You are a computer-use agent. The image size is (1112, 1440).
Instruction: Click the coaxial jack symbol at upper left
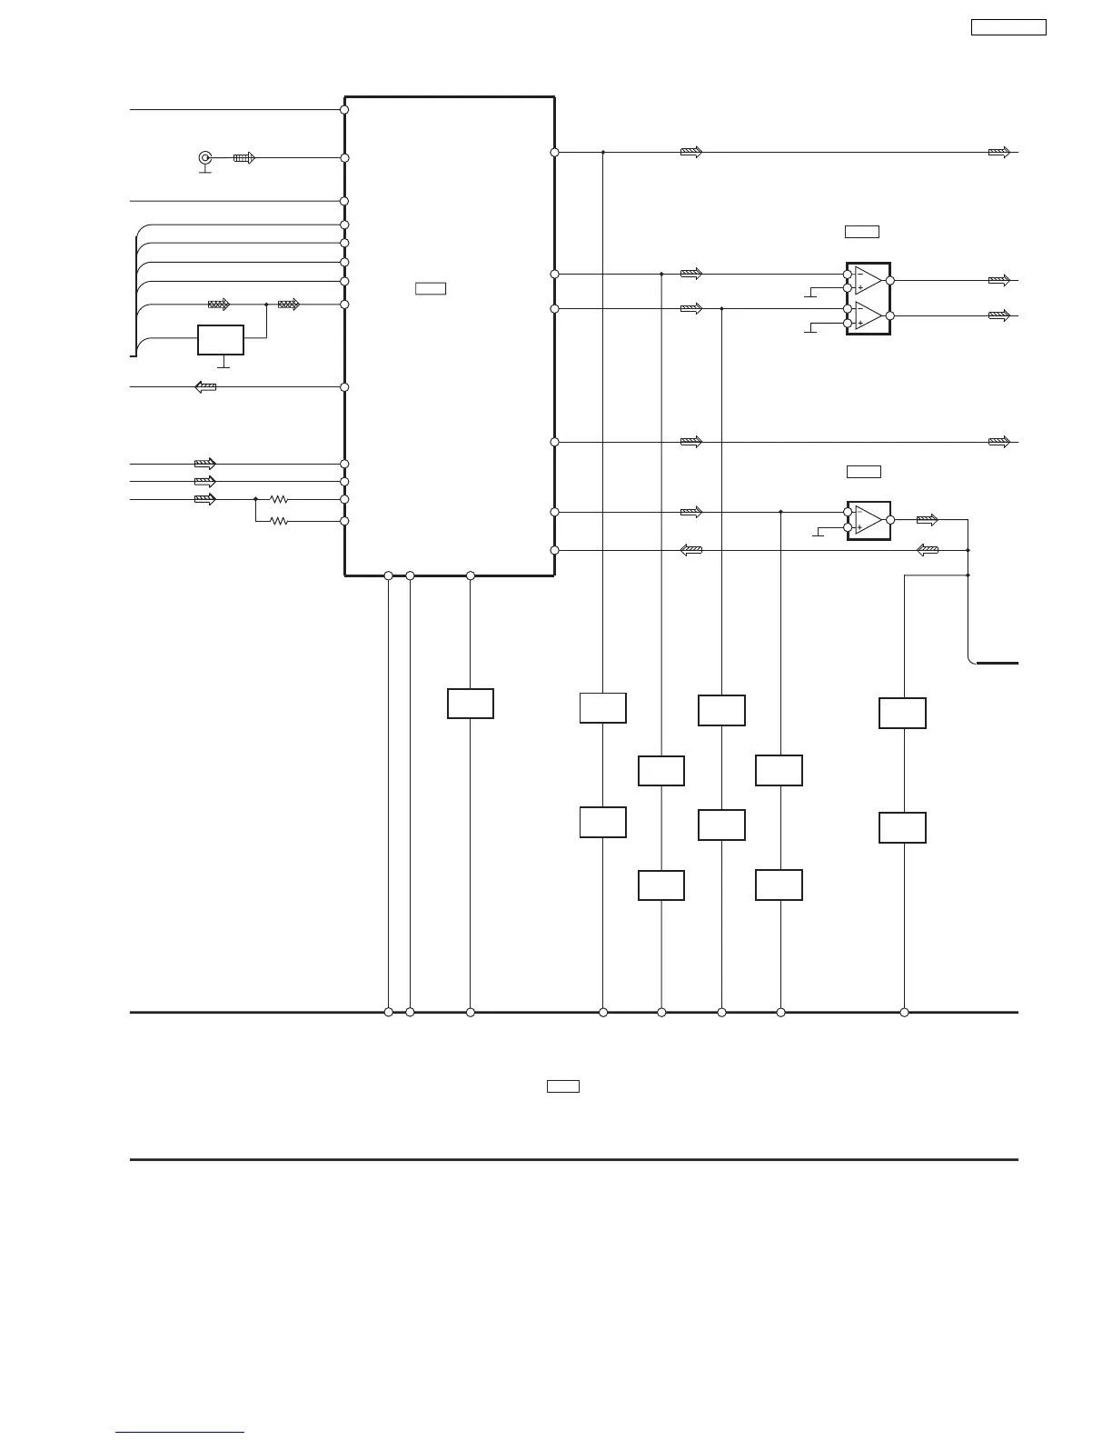(x=205, y=157)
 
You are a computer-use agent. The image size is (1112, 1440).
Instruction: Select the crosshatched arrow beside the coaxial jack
(x=244, y=157)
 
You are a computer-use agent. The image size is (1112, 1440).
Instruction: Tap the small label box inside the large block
(x=431, y=289)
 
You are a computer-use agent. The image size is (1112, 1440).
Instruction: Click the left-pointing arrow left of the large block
(x=206, y=387)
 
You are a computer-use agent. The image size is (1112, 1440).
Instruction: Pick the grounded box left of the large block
(x=221, y=340)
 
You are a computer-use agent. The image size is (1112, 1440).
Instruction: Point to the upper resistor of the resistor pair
(x=279, y=499)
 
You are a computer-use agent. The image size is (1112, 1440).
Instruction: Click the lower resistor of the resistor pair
(x=279, y=521)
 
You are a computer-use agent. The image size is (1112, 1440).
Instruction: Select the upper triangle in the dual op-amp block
(x=868, y=281)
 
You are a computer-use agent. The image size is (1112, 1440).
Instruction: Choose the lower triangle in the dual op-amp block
(x=868, y=315)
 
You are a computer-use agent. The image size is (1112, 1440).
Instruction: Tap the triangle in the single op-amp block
(x=869, y=520)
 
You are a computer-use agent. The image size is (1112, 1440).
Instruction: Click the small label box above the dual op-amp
(x=862, y=232)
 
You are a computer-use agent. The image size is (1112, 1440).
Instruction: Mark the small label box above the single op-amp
(x=864, y=471)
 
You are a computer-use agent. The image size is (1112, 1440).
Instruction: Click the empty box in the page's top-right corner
(x=1008, y=27)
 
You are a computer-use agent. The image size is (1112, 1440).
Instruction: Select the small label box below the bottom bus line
(x=563, y=1085)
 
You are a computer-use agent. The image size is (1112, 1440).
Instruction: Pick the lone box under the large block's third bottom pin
(x=471, y=704)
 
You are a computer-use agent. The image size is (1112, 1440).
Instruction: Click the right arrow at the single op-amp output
(x=927, y=520)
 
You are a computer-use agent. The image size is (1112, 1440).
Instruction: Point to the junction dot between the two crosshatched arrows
(x=266, y=305)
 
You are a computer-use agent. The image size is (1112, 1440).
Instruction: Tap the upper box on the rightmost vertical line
(x=902, y=714)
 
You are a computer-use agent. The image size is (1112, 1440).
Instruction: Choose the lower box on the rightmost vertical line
(x=902, y=828)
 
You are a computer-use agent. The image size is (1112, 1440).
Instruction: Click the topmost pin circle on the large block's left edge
(x=344, y=110)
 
